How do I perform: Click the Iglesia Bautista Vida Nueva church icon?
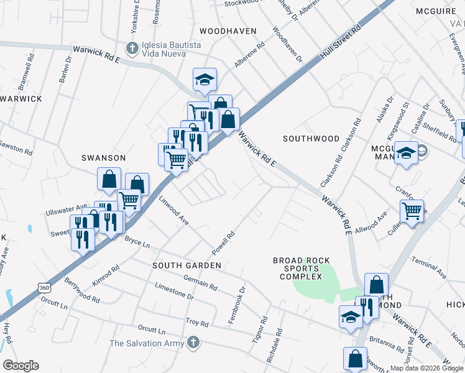pyautogui.click(x=131, y=47)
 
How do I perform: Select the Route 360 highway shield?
pyautogui.click(x=44, y=288)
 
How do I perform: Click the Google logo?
pyautogui.click(x=21, y=366)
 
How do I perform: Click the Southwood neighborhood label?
pyautogui.click(x=311, y=138)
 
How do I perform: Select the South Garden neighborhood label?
pyautogui.click(x=187, y=265)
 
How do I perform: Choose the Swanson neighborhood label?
pyautogui.click(x=104, y=158)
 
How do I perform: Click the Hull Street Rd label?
pyautogui.click(x=341, y=45)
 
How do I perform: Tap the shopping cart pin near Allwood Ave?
pyautogui.click(x=412, y=211)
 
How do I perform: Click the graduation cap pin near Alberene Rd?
pyautogui.click(x=205, y=80)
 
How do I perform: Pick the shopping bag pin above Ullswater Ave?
pyautogui.click(x=109, y=179)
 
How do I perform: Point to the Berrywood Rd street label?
pyautogui.click(x=81, y=290)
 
